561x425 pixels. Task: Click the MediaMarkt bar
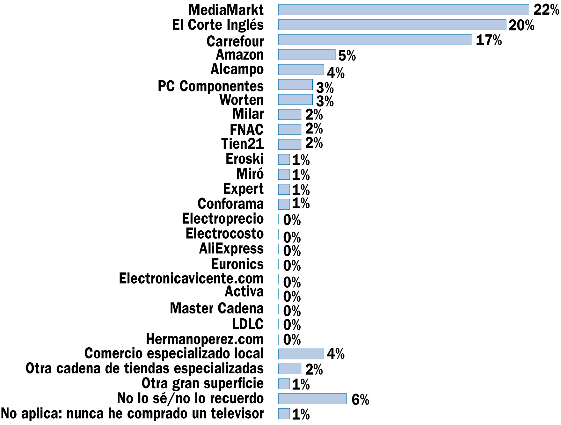tap(403, 10)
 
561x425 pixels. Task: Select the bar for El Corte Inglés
tap(392, 25)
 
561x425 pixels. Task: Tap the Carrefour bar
tap(375, 40)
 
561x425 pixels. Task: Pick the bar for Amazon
tap(307, 55)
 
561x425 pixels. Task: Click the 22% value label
tap(546, 10)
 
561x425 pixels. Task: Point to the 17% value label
tap(489, 40)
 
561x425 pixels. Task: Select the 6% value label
tap(360, 400)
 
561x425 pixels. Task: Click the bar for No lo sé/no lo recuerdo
tap(312, 399)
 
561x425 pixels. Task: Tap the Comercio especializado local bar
tap(301, 354)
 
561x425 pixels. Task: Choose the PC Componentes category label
tap(211, 86)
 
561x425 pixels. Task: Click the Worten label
tap(242, 100)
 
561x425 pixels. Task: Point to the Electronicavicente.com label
tap(191, 278)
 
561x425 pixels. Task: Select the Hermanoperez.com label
tap(205, 339)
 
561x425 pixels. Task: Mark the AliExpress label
tap(231, 249)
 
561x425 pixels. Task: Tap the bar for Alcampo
tap(301, 69)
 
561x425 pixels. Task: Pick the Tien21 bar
tap(289, 144)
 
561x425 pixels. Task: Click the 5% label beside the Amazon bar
tap(347, 56)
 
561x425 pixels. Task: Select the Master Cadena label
tap(217, 308)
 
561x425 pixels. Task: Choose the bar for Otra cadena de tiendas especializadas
tap(289, 369)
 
